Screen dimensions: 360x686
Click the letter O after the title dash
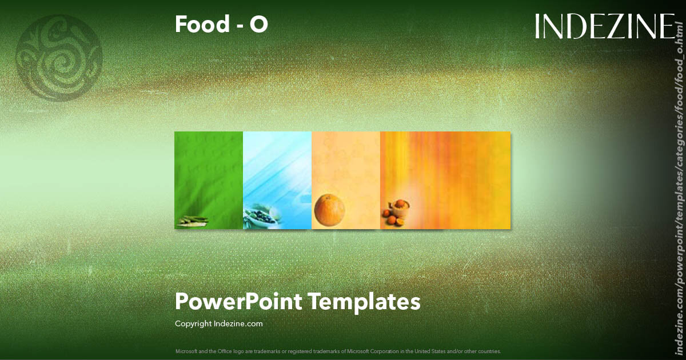258,25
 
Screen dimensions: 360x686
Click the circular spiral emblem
59,58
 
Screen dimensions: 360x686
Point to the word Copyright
193,323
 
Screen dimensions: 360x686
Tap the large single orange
329,209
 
